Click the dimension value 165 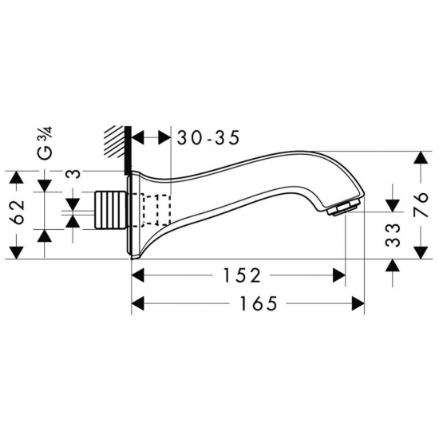coord(259,303)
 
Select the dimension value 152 coord(242,275)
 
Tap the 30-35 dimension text coord(208,138)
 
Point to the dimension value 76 coord(421,204)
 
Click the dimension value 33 coord(392,235)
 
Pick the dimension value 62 coord(18,212)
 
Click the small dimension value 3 coord(73,174)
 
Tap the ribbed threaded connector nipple coord(111,209)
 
